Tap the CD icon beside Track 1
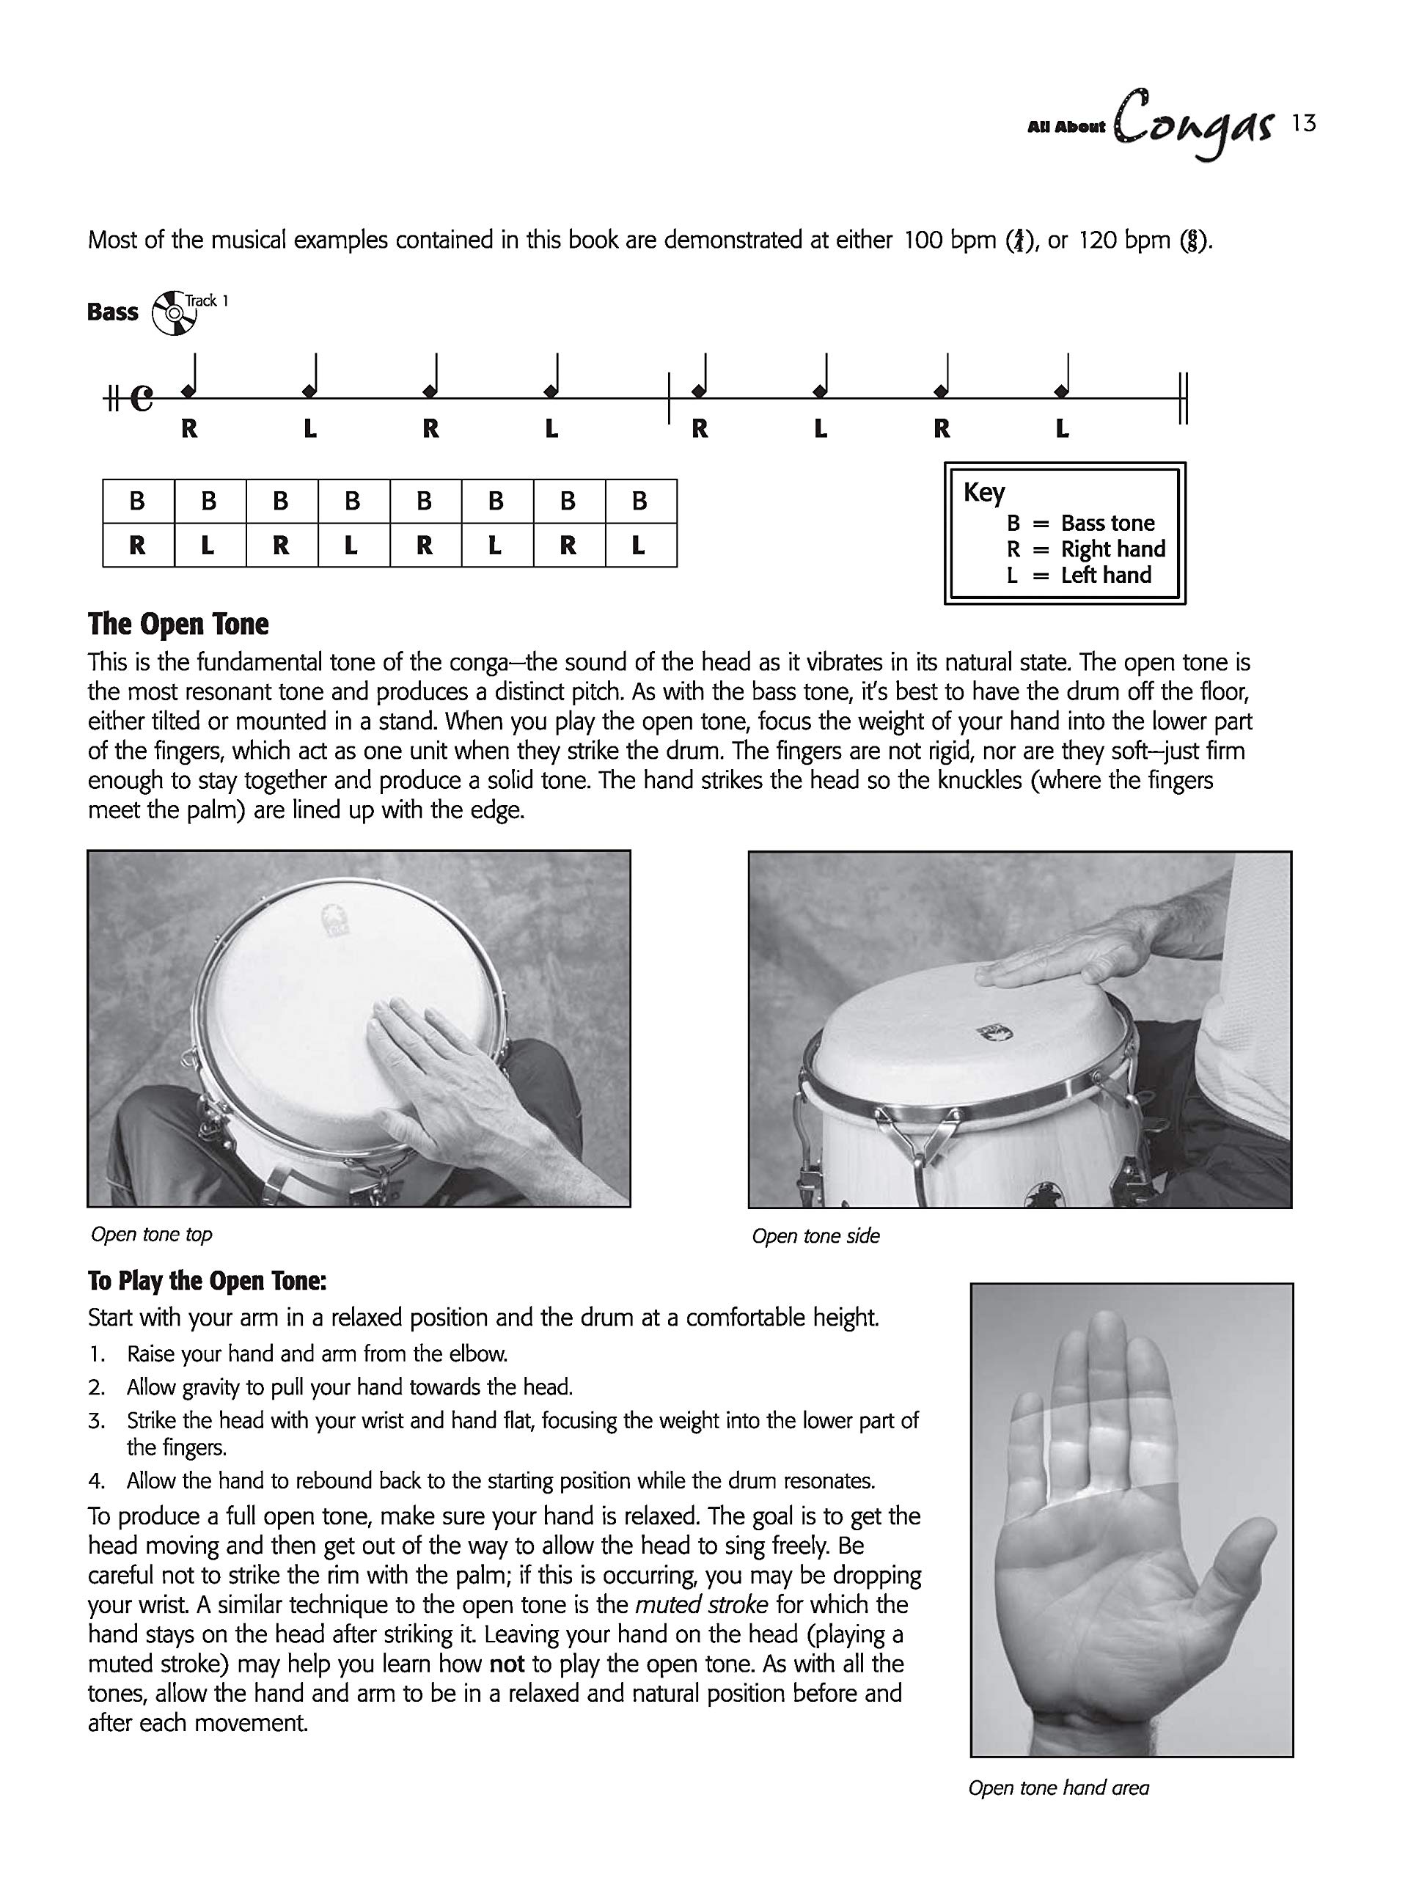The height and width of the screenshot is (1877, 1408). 172,314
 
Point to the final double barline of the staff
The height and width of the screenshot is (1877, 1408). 1184,398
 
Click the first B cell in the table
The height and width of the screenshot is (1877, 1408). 137,502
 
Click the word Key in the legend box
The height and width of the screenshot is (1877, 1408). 983,492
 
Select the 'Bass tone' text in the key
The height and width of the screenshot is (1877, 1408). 1107,523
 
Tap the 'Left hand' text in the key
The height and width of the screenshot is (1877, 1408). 1106,576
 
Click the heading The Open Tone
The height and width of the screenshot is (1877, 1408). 178,624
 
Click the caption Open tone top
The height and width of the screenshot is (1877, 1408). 152,1235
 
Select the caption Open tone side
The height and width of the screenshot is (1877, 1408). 815,1236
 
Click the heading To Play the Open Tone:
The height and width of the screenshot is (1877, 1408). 207,1280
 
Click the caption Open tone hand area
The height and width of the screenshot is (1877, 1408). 1058,1788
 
